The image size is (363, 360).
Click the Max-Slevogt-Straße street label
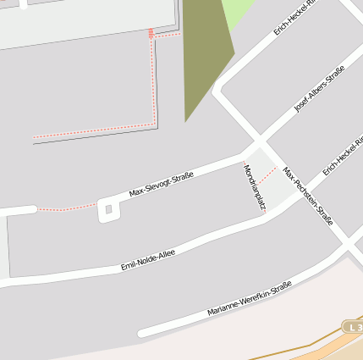[161, 185]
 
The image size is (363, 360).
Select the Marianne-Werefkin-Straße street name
[249, 299]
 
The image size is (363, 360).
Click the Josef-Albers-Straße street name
[318, 91]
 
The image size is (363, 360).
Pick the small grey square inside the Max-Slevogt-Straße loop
[108, 209]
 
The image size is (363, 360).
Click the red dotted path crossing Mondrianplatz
[267, 174]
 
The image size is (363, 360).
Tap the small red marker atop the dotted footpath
[151, 33]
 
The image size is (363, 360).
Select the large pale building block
[85, 19]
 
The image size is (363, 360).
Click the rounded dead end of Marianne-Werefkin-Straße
[143, 333]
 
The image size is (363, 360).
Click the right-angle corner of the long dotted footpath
[155, 125]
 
